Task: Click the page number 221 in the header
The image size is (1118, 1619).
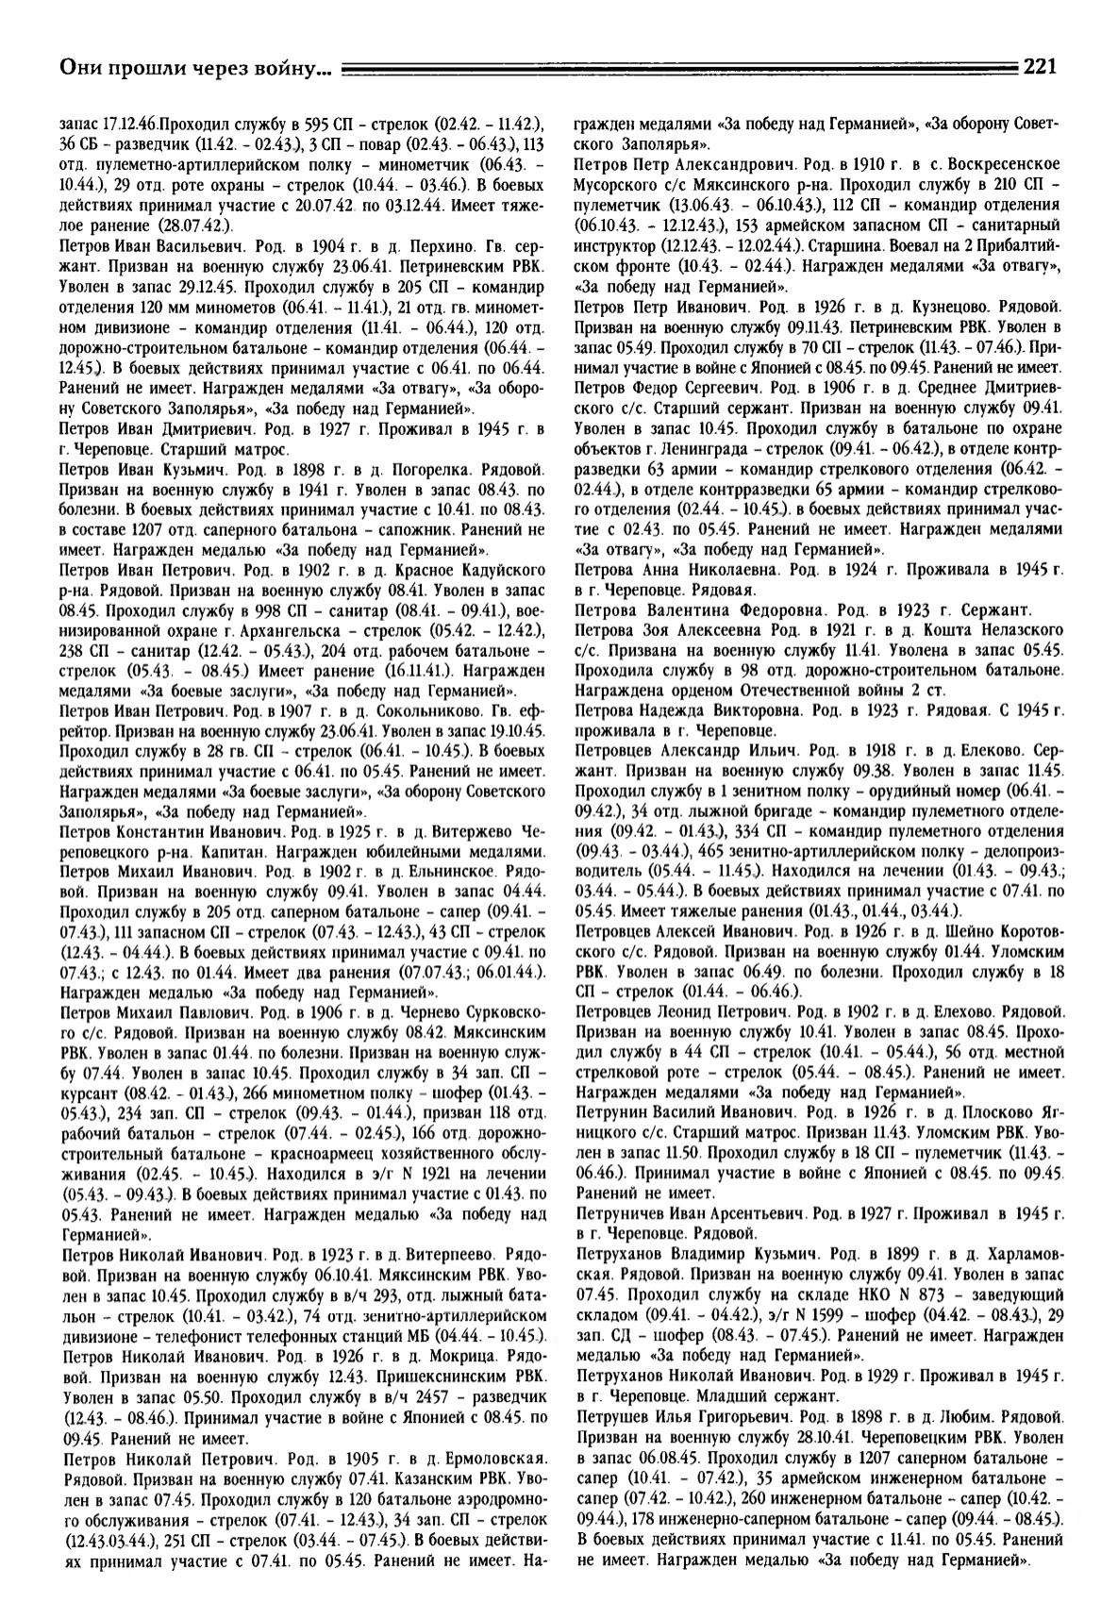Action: tap(1039, 66)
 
